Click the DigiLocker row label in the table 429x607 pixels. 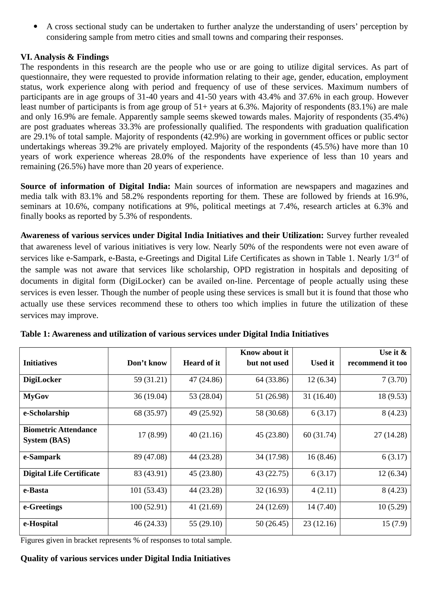pos(42,380)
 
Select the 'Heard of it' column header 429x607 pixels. pos(201,363)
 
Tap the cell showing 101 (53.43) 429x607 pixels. pos(148,490)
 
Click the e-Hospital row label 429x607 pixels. pos(40,523)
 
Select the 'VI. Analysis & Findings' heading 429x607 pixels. pos(65,57)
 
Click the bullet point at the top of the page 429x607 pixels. pos(36,26)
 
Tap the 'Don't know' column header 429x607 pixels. pos(147,363)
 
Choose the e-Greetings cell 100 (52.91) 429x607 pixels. pos(148,507)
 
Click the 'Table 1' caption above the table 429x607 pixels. pos(174,334)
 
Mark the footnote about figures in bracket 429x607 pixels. pos(126,540)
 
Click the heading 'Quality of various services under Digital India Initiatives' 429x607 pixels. pos(126,558)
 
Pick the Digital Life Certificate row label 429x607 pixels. pos(61,473)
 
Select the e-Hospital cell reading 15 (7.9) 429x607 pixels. pos(394,523)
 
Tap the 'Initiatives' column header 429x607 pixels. pos(40,363)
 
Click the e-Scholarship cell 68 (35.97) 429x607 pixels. pos(151,413)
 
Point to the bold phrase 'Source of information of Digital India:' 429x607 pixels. pos(96,186)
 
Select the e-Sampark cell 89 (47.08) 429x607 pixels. pos(151,457)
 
